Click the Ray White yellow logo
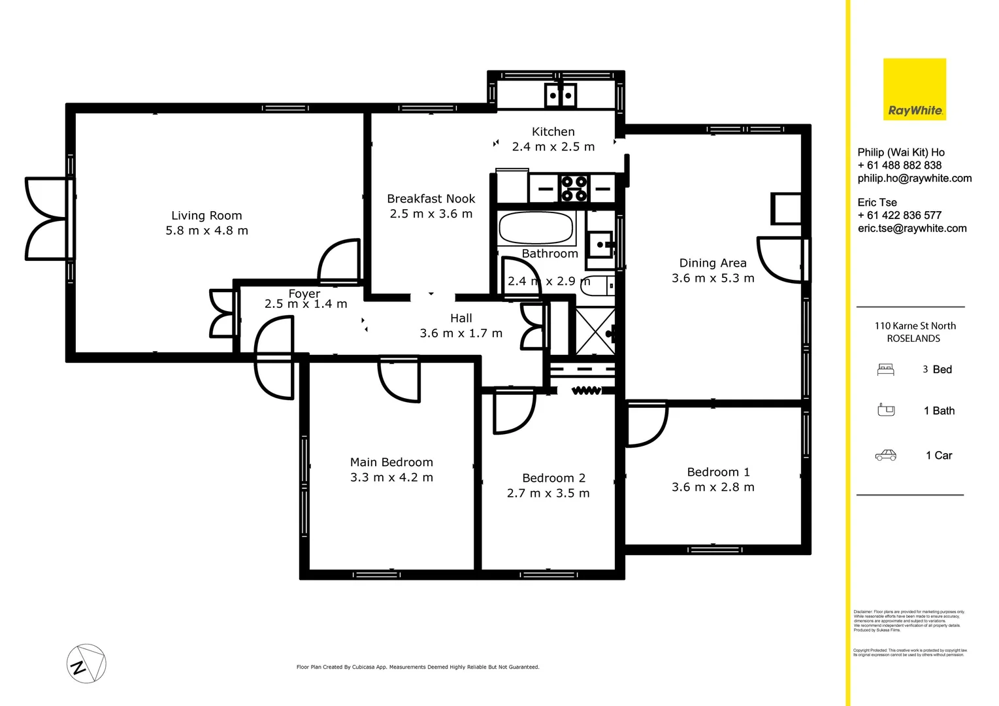pyautogui.click(x=914, y=90)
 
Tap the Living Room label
pyautogui.click(x=206, y=216)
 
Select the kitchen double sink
pyautogui.click(x=561, y=95)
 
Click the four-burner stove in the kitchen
pyautogui.click(x=574, y=189)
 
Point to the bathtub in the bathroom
pyautogui.click(x=536, y=228)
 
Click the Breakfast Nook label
pyautogui.click(x=431, y=199)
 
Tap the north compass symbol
pyautogui.click(x=86, y=664)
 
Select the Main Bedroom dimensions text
pyautogui.click(x=391, y=478)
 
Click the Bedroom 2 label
pyautogui.click(x=553, y=478)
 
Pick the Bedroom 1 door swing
pyautogui.click(x=646, y=424)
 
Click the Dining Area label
pyautogui.click(x=712, y=263)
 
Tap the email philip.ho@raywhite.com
pyautogui.click(x=914, y=178)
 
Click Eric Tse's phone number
pyautogui.click(x=899, y=215)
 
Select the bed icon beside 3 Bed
pyautogui.click(x=885, y=370)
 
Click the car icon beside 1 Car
pyautogui.click(x=885, y=456)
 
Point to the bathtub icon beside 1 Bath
pyautogui.click(x=886, y=411)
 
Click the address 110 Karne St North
pyautogui.click(x=915, y=326)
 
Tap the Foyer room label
pyautogui.click(x=304, y=294)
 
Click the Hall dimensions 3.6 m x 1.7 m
pyautogui.click(x=461, y=333)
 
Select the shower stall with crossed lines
pyautogui.click(x=595, y=331)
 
